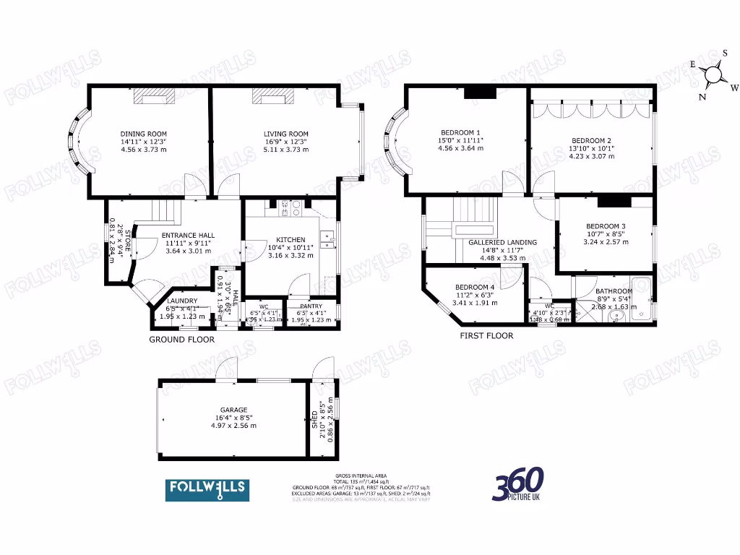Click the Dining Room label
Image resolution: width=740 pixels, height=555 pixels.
(x=143, y=134)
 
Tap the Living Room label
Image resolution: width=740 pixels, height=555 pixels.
(x=286, y=134)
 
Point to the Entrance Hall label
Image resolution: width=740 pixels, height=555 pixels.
(x=186, y=236)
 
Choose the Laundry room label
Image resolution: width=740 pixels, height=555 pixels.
(x=182, y=301)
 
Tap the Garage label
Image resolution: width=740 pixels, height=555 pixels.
(x=229, y=409)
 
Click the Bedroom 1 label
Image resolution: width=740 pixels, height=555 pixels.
(x=460, y=132)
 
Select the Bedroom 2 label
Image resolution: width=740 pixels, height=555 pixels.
(x=591, y=140)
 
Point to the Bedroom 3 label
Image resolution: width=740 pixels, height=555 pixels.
(x=606, y=226)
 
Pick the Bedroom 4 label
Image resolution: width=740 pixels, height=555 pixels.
(x=476, y=287)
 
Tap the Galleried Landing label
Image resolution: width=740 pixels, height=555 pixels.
(x=502, y=243)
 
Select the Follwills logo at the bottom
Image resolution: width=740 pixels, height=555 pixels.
(x=207, y=490)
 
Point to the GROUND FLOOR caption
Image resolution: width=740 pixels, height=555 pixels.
(x=181, y=339)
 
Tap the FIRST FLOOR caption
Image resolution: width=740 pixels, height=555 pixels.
(x=486, y=335)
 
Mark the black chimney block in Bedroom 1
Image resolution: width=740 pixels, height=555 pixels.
(x=479, y=92)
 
